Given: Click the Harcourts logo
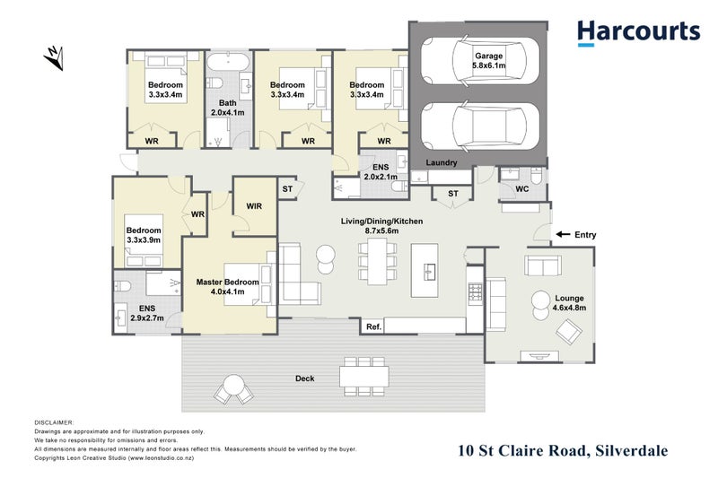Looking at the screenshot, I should (638, 32).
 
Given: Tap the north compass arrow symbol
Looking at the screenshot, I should (56, 60).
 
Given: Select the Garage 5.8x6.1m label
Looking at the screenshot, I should (488, 62).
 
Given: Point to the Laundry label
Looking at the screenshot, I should (442, 163).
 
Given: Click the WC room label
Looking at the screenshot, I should (521, 189).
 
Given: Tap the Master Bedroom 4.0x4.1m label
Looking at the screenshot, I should (227, 288).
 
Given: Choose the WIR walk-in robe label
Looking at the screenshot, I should (254, 206).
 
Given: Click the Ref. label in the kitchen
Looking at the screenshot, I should (374, 327).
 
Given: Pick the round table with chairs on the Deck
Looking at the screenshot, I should (233, 388).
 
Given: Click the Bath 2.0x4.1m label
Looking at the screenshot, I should (227, 108).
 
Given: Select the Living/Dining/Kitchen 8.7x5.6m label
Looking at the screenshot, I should (381, 226).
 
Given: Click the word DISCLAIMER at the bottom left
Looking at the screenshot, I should (55, 422).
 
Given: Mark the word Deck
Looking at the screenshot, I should (305, 378).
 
